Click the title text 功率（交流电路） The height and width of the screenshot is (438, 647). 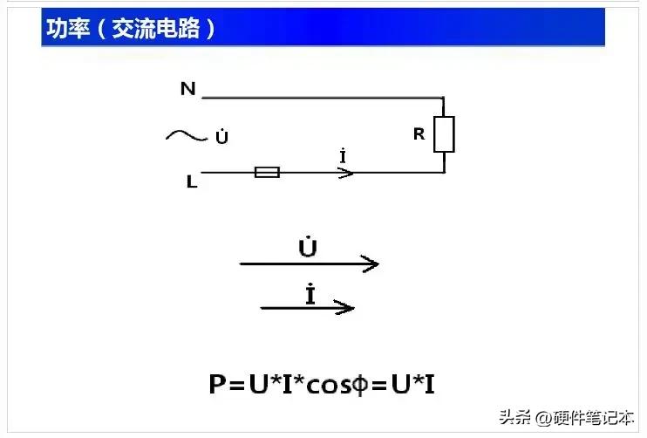(x=131, y=29)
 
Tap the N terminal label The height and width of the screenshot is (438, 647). (x=187, y=88)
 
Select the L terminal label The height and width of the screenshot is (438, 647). (x=191, y=181)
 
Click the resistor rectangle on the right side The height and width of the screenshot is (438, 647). (x=444, y=134)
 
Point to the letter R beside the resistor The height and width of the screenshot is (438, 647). (x=419, y=134)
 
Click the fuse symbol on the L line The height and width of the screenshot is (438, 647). (x=267, y=173)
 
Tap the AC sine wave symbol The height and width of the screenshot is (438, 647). (x=185, y=135)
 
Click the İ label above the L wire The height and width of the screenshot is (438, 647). (x=344, y=157)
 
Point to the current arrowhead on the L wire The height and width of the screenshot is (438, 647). (x=346, y=173)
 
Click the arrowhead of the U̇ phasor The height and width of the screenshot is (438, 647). (x=371, y=263)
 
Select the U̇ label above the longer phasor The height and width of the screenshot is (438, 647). (x=307, y=247)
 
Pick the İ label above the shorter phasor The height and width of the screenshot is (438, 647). (x=310, y=294)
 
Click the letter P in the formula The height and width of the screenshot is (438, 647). (x=218, y=384)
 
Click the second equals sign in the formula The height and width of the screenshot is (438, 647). (x=379, y=385)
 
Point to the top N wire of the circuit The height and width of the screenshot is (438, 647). (x=323, y=97)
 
